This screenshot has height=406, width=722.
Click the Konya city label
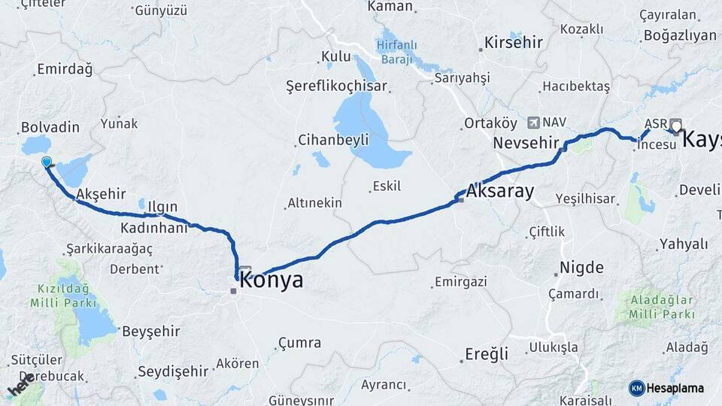[272, 280]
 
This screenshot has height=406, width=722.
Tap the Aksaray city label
[500, 191]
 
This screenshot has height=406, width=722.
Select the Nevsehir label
[526, 143]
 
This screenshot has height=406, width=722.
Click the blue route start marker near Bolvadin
[47, 162]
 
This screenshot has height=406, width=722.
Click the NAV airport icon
[533, 122]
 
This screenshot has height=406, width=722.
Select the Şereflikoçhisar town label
[336, 86]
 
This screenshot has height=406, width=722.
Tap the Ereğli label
[487, 353]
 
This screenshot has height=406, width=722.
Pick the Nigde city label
[580, 268]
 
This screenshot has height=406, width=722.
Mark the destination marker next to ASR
[676, 126]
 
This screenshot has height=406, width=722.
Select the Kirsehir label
[514, 42]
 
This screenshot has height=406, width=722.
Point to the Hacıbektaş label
[576, 86]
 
